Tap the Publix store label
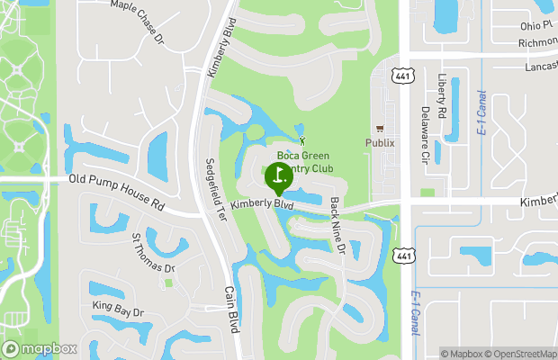tap(380, 142)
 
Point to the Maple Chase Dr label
tap(138, 17)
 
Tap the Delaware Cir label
tap(425, 136)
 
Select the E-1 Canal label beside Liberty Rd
tap(481, 112)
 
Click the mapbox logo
tap(40, 348)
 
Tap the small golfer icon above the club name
tap(302, 140)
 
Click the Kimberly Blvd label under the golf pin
tap(262, 205)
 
